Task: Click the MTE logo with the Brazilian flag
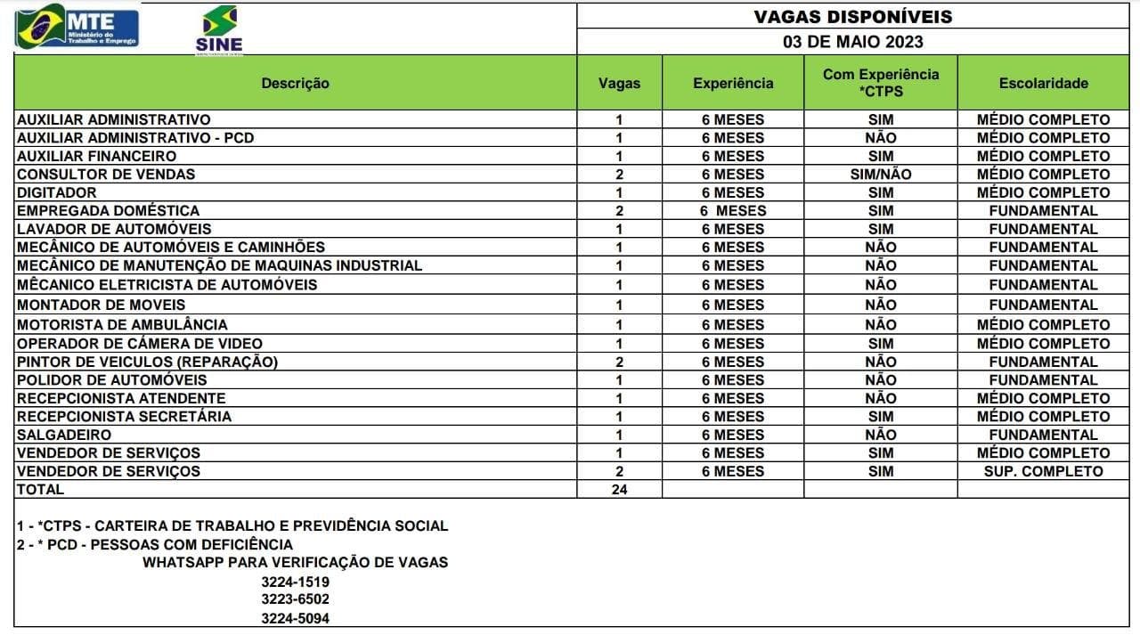pos(77,27)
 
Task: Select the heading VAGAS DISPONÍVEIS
pos(852,17)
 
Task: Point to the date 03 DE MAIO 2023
pos(852,42)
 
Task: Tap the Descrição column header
pos(295,83)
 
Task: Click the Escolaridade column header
pos(1043,83)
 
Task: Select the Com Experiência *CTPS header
pos(880,82)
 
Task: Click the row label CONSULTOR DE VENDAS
pos(106,174)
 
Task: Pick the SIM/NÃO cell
pos(880,175)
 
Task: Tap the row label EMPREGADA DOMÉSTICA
pos(108,210)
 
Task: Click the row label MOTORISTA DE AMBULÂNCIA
pos(122,324)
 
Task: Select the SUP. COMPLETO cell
pos(1043,471)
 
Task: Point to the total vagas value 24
pos(619,489)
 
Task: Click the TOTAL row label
pos(40,489)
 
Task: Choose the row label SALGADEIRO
pos(64,435)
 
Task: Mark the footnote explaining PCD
pos(154,544)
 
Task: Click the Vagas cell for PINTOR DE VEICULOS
pos(619,362)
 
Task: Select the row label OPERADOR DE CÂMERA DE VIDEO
pos(139,343)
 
